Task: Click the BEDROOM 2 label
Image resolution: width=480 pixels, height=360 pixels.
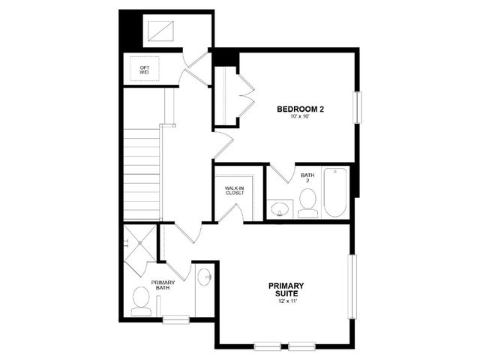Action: click(300, 109)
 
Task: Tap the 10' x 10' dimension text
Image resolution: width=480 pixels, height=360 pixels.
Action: click(300, 117)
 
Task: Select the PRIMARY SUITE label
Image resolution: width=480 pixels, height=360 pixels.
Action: click(286, 289)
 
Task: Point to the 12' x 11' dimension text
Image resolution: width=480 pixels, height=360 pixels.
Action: click(286, 301)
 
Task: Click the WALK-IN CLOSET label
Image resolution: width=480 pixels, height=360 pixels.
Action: click(235, 190)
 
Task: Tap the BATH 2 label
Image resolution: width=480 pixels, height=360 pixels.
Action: click(307, 178)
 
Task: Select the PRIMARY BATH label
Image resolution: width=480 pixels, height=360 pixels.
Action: click(163, 285)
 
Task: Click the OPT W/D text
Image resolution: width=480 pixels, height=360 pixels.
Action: click(145, 70)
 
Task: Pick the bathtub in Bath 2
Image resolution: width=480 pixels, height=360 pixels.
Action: click(335, 192)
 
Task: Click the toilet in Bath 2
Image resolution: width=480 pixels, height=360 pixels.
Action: click(307, 203)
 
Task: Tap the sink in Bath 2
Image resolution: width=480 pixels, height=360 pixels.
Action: click(280, 209)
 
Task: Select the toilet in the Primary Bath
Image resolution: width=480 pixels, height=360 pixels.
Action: click(141, 301)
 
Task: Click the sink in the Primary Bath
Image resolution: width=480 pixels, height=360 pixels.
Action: click(204, 277)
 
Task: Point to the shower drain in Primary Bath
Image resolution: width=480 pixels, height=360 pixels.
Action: click(140, 243)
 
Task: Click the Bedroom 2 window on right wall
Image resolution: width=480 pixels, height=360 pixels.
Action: click(358, 107)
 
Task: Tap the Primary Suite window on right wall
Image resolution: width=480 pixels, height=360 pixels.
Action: click(352, 286)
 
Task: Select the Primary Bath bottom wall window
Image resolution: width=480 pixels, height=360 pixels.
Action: click(176, 319)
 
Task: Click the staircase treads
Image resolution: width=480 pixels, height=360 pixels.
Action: click(142, 174)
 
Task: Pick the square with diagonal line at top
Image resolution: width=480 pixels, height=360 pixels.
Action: click(160, 31)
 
